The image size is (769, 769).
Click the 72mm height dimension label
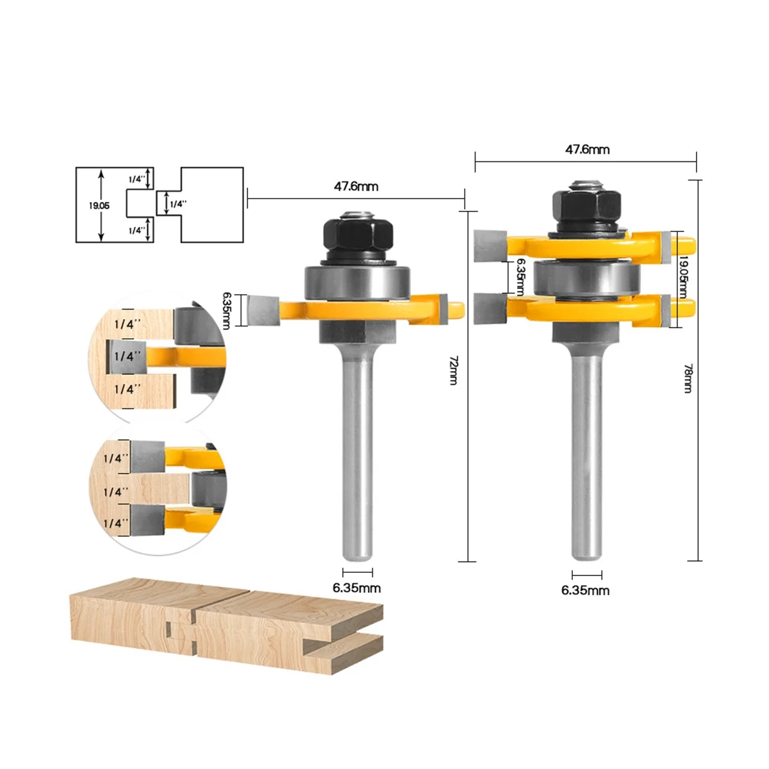453,370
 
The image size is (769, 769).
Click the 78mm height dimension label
687,378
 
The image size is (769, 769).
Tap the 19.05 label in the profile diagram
99,206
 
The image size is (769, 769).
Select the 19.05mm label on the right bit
682,277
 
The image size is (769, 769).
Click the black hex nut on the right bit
586,208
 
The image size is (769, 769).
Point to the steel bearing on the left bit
357,282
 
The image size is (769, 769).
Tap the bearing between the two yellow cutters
586,278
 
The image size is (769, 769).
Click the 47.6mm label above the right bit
587,150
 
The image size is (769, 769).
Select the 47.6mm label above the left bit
356,186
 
